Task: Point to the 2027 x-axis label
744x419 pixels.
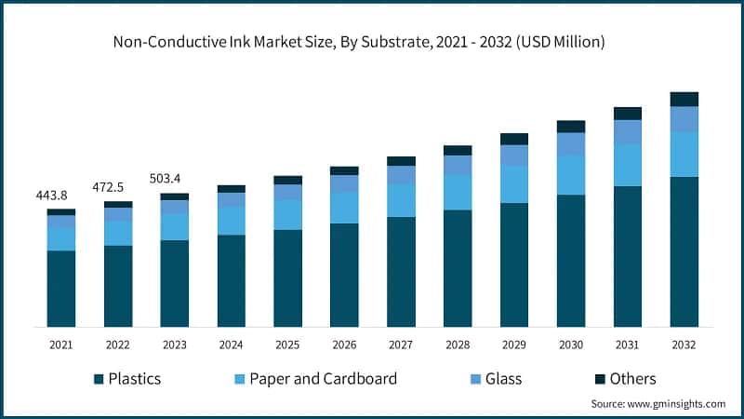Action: coord(401,345)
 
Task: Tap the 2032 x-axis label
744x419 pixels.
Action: coord(684,345)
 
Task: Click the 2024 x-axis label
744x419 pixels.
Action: coord(231,345)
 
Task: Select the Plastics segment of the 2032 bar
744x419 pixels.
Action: coord(684,251)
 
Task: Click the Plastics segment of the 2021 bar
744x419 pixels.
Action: coord(61,289)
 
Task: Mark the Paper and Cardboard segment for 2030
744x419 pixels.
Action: coord(571,174)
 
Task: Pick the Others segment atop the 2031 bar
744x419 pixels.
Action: coord(628,114)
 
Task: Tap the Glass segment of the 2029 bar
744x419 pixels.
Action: coord(514,155)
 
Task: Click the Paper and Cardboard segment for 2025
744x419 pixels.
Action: coord(287,214)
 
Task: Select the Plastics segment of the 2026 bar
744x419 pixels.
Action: coord(344,275)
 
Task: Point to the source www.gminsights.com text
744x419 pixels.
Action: coord(658,404)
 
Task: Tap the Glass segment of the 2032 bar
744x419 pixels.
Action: coord(684,118)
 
